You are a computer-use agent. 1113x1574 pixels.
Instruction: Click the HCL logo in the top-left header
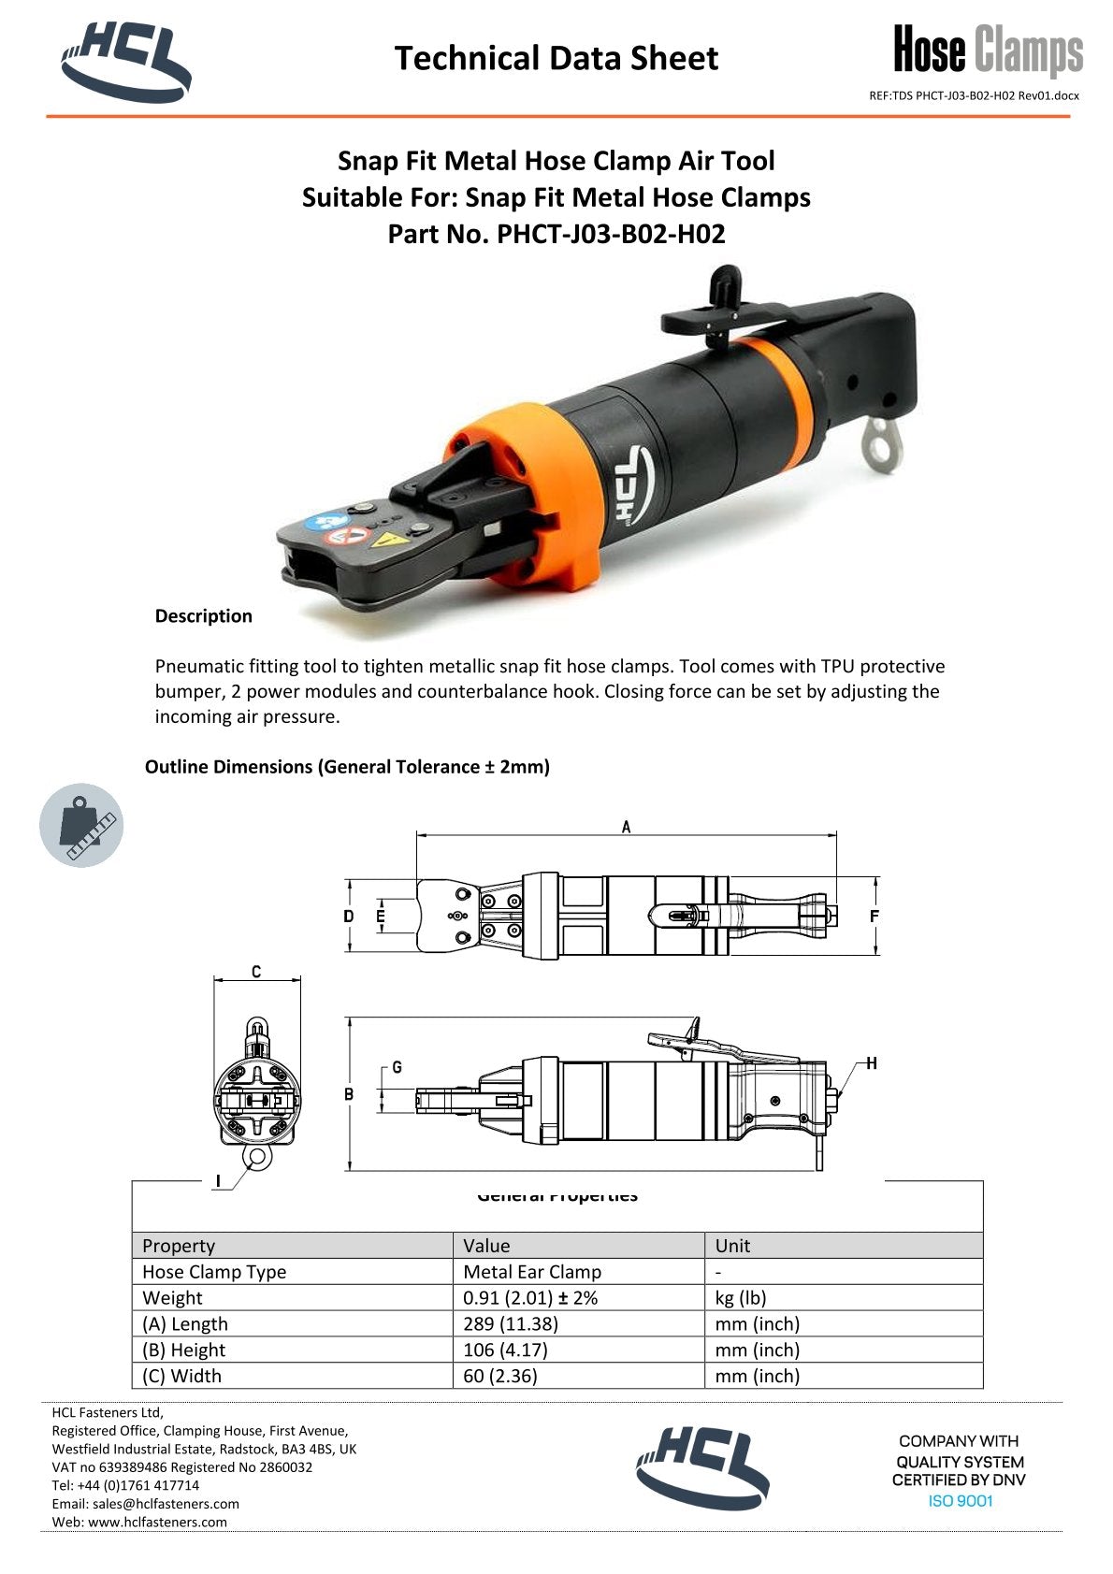(x=126, y=60)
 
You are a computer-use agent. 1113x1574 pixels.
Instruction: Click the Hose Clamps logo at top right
(x=988, y=51)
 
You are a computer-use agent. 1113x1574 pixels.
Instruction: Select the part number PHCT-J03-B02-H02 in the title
(x=611, y=234)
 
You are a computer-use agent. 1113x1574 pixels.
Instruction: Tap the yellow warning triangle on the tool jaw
(x=383, y=540)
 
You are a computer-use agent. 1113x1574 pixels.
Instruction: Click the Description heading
(x=203, y=615)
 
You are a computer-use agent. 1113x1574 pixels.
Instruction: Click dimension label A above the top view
(x=626, y=827)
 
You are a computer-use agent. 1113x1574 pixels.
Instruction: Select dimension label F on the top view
(x=874, y=917)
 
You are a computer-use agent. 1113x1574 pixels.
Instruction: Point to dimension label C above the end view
(x=256, y=973)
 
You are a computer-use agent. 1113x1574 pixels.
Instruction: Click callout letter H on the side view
(x=871, y=1063)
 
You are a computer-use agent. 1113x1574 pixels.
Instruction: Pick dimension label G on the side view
(x=397, y=1067)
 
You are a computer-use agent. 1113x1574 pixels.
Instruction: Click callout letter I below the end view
(x=218, y=1181)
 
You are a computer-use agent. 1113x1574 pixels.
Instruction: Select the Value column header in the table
(x=487, y=1246)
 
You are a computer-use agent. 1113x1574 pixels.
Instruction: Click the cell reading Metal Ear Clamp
(x=532, y=1272)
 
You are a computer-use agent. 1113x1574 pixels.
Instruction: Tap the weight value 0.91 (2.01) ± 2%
(x=530, y=1298)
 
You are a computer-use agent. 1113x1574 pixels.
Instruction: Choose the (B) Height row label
(x=185, y=1350)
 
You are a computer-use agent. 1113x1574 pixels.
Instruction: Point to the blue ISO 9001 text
(x=960, y=1501)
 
